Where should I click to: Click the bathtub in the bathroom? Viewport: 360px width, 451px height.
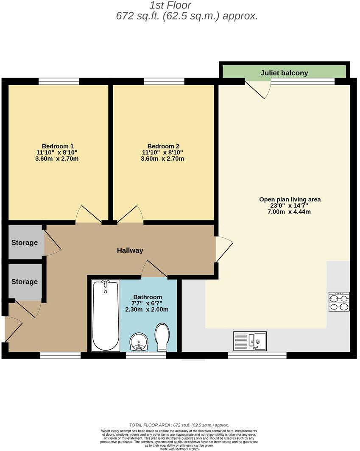105,315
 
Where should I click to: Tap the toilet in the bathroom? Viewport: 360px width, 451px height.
162,337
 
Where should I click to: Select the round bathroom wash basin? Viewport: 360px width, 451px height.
139,341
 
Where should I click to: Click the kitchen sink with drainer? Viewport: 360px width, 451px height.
250,341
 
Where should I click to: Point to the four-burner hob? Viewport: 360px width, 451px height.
339,302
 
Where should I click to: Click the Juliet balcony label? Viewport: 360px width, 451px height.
284,73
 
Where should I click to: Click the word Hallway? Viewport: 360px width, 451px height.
130,251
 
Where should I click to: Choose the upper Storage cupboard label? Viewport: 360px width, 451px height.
24,243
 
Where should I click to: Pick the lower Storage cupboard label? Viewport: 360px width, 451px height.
24,282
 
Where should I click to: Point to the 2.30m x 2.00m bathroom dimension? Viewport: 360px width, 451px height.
147,309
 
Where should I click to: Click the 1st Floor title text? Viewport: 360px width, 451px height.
170,6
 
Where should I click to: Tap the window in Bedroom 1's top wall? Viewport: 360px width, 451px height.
59,81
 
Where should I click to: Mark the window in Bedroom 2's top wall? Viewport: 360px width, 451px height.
164,81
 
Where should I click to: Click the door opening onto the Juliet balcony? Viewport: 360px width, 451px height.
258,89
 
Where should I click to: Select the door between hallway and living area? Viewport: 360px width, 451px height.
223,249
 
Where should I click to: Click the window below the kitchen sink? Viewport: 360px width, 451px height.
257,355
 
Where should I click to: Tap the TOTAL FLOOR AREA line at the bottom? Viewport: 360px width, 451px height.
179,425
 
